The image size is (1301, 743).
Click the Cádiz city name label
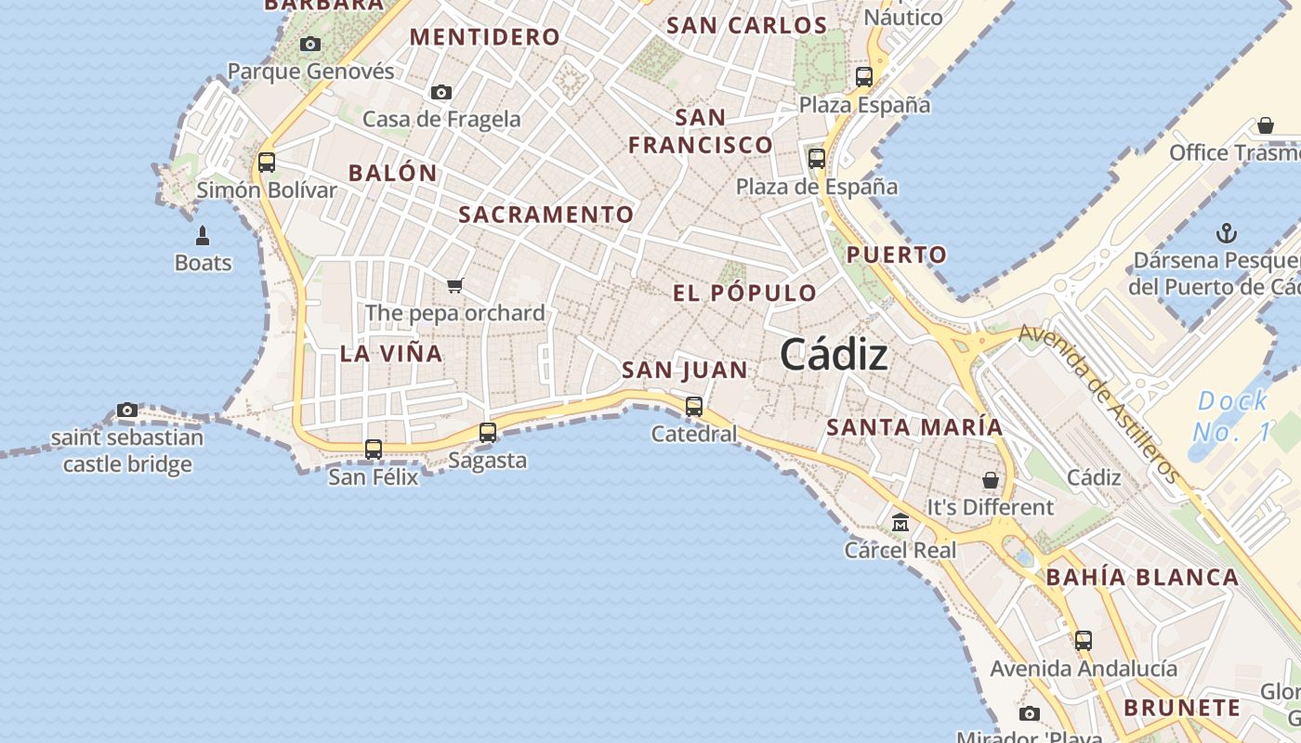coord(834,354)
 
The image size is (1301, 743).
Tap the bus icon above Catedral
coord(694,406)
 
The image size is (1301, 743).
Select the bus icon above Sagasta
coord(488,432)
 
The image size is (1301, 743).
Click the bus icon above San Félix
coord(374,450)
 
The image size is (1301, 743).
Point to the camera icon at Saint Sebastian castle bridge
coord(127,410)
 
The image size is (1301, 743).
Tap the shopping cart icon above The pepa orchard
coord(454,285)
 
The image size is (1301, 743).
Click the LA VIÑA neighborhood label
coord(391,353)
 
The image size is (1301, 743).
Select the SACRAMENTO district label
coord(546,215)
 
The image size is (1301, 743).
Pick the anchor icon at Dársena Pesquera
coord(1228,232)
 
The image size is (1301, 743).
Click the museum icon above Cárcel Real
coord(900,523)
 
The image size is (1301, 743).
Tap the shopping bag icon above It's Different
coord(991,480)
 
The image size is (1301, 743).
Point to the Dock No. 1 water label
coord(1231,416)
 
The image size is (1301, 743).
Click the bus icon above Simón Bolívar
coord(267,163)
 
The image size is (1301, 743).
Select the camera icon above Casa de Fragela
coord(441,92)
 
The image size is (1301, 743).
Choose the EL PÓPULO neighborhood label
coord(745,293)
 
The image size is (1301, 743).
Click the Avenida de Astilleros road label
coord(1100,403)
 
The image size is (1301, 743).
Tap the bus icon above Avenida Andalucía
coord(1084,640)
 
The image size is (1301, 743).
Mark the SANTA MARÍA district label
coord(914,427)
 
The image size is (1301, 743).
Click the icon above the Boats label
coord(203,236)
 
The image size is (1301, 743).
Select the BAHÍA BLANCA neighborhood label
coord(1142,577)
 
